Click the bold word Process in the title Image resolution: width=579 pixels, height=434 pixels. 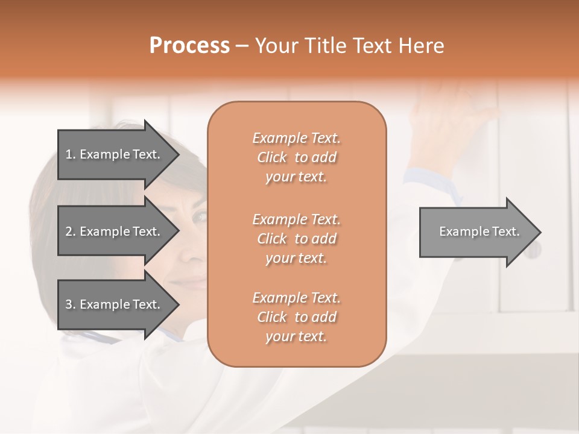189,46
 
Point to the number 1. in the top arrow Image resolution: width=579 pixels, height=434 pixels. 71,154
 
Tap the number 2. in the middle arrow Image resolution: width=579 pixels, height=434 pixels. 71,231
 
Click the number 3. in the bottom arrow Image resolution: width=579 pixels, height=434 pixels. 71,304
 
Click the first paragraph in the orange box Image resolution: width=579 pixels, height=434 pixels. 296,157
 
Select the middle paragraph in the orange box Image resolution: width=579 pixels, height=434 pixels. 296,239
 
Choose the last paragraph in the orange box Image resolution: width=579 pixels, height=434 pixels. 296,317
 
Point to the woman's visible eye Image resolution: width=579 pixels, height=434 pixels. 198,215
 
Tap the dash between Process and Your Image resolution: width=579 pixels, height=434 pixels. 242,46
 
